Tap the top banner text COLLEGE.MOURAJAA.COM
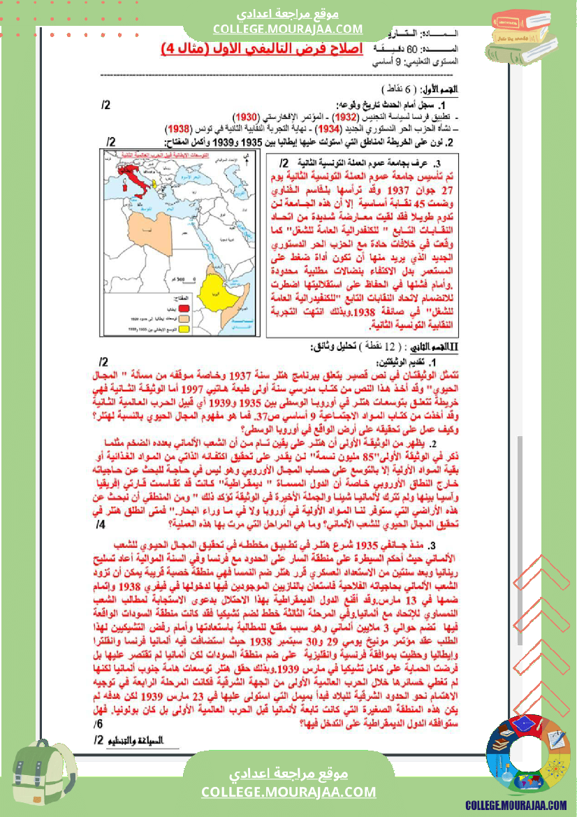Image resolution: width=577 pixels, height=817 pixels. [x=288, y=29]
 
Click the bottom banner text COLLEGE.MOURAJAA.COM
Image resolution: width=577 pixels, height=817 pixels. [x=288, y=791]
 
